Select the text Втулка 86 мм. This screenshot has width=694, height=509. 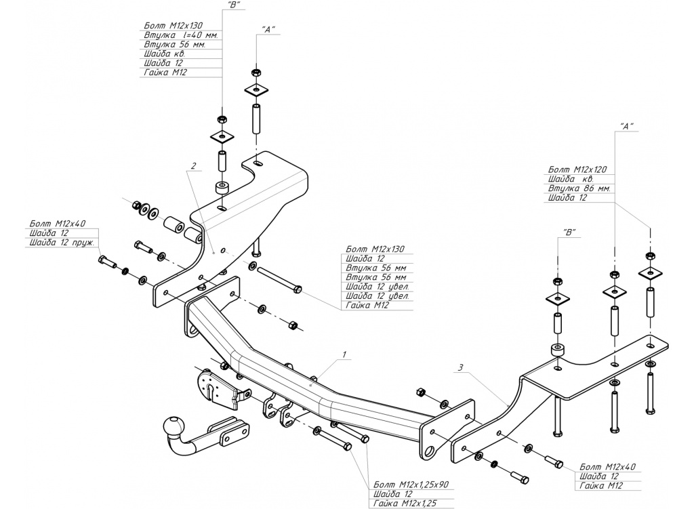point(580,188)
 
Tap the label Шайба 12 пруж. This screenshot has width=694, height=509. point(60,242)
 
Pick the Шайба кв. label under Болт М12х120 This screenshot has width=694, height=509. point(571,178)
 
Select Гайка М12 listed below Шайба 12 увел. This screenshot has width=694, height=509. point(367,306)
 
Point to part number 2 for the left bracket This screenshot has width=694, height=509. point(194,165)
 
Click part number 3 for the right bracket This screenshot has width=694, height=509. point(460,368)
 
